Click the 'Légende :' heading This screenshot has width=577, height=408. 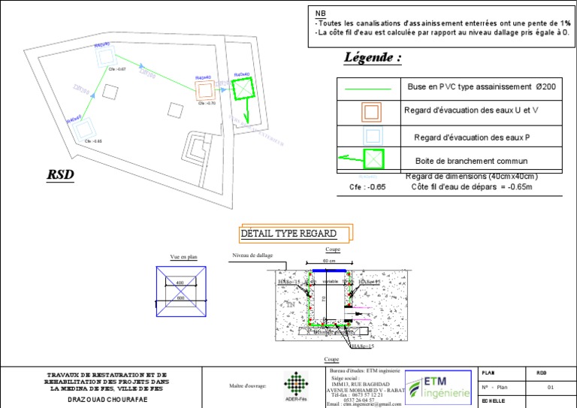click(x=372, y=58)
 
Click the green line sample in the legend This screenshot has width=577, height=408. click(x=368, y=89)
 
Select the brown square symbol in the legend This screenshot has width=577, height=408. click(x=371, y=113)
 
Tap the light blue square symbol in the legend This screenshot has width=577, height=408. click(x=371, y=137)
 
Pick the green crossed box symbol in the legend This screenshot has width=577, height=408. click(x=373, y=159)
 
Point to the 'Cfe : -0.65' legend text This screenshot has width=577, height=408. click(x=367, y=187)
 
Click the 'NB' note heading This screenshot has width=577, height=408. click(x=321, y=14)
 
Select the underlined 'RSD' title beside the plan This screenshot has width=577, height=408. click(x=62, y=174)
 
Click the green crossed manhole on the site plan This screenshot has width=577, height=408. click(x=243, y=90)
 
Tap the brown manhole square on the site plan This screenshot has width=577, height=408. click(x=205, y=90)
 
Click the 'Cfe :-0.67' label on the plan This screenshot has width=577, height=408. click(x=117, y=69)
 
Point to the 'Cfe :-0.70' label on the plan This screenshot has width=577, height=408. click(x=207, y=104)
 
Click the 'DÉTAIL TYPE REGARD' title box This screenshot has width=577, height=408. click(x=297, y=234)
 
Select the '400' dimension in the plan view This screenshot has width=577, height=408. click(x=179, y=283)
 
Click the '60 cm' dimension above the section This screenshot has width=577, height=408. click(x=329, y=261)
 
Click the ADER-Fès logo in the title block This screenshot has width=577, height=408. click(x=295, y=386)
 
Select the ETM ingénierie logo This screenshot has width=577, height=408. click(x=440, y=386)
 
